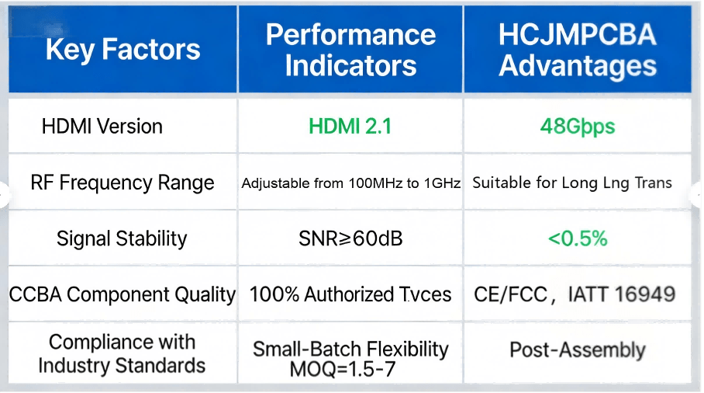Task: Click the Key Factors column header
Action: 123,50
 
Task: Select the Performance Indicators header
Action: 350,50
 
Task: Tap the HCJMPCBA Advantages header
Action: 578,50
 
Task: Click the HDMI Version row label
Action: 102,126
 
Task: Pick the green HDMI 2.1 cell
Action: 350,126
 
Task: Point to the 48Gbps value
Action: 577,126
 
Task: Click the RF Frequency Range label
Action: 123,183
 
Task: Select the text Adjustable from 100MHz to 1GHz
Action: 350,184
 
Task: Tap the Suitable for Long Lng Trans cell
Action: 572,183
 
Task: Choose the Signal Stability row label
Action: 122,238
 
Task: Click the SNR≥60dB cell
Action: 350,238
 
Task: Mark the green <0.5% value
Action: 577,238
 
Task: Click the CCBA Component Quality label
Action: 122,294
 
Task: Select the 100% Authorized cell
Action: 350,294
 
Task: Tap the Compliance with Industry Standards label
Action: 122,353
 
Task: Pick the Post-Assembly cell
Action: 577,350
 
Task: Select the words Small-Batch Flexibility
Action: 350,350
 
